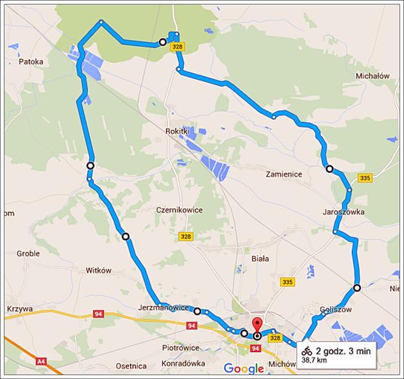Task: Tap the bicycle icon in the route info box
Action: [x=307, y=351]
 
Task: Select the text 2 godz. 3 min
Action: [x=342, y=351]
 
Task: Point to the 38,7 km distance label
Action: [x=315, y=361]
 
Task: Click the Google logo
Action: [x=243, y=369]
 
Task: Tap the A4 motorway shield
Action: [x=41, y=362]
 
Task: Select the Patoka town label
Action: [x=31, y=62]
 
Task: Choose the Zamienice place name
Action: [x=283, y=173]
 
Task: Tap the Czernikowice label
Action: [x=179, y=209]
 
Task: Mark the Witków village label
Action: [x=99, y=270]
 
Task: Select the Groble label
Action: [x=28, y=254]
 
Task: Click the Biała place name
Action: [x=260, y=259]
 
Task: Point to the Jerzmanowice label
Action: [x=164, y=307]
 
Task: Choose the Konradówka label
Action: [x=183, y=363]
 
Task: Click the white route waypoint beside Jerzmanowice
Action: [x=198, y=312]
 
